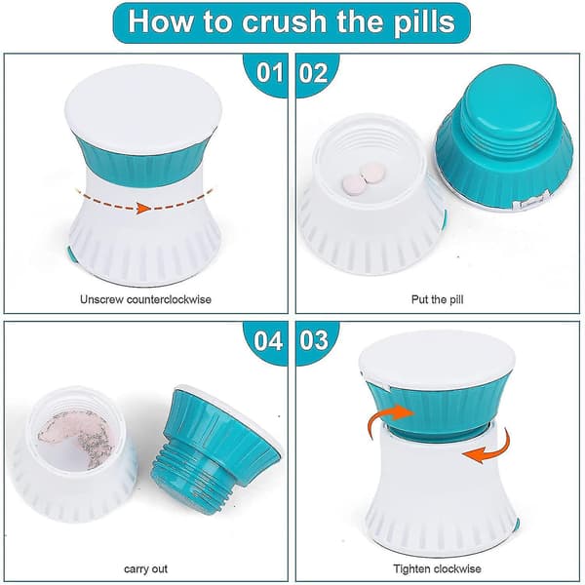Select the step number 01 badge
pos(269,72)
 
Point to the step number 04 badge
pos(268,340)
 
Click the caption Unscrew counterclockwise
pos(145,299)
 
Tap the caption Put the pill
pos(437,299)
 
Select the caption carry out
pos(145,569)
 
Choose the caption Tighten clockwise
pos(437,569)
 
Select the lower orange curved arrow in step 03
pos(487,448)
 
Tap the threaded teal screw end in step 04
pos(186,484)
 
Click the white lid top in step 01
pos(143,112)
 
